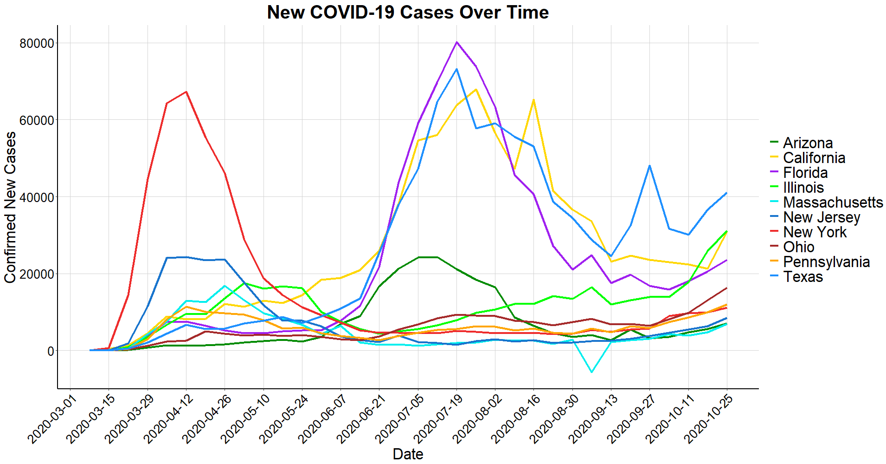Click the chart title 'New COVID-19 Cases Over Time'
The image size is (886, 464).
(408, 13)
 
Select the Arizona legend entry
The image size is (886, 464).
(808, 143)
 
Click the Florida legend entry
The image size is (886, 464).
(805, 172)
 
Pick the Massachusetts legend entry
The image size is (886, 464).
(833, 202)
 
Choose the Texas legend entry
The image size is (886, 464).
(803, 276)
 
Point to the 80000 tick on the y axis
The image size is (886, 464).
(37, 43)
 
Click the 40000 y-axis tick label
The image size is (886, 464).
(37, 197)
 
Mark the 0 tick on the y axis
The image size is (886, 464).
(50, 351)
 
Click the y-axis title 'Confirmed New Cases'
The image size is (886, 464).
(10, 207)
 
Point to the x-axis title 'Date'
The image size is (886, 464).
(408, 454)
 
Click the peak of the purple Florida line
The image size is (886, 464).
(457, 42)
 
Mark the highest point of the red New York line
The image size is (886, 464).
(186, 92)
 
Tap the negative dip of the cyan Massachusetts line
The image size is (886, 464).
(591, 372)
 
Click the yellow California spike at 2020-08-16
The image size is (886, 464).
(533, 100)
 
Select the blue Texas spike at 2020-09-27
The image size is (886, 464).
(649, 166)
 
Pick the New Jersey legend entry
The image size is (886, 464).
(821, 217)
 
